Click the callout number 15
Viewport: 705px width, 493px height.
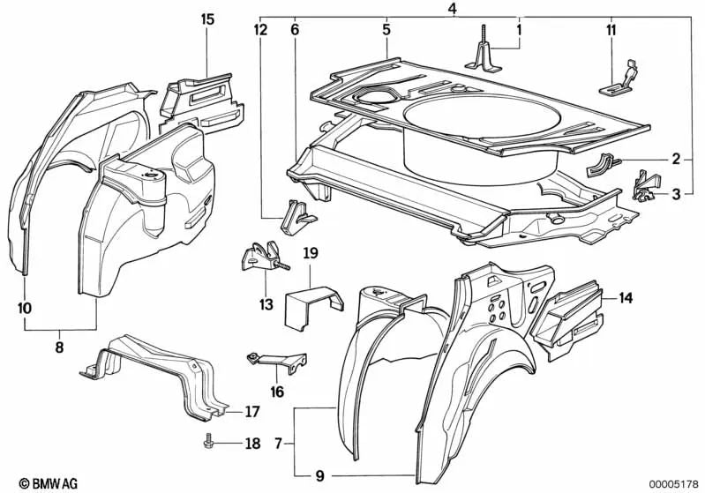click(207, 19)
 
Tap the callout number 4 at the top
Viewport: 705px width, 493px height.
click(452, 9)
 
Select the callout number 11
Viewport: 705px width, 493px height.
click(611, 30)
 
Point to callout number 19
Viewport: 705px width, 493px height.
click(311, 254)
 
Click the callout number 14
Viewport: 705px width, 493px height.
click(626, 298)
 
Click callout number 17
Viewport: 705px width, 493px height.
click(252, 411)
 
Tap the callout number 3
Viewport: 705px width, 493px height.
click(675, 194)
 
